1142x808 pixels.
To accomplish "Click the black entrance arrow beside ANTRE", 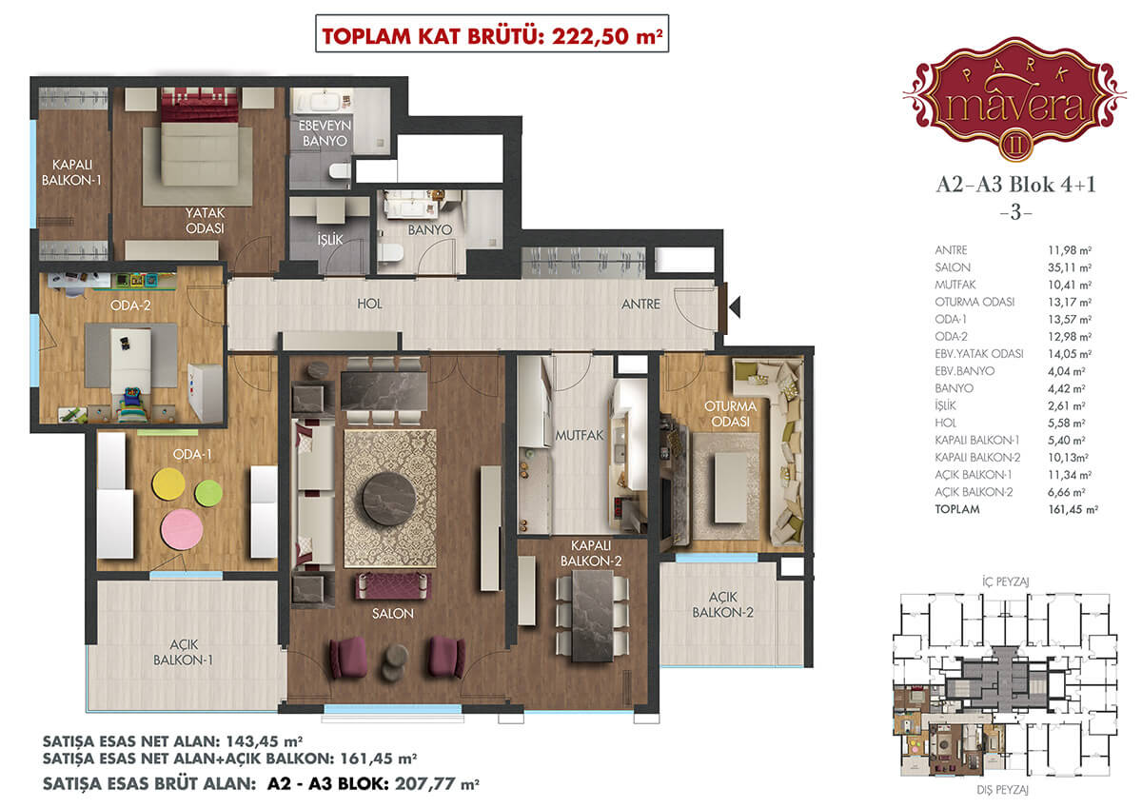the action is coord(735,307).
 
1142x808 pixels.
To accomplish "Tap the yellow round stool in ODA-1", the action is coord(168,484).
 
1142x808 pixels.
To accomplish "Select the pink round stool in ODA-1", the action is coord(182,530).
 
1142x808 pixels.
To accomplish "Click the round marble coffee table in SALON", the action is coord(388,499).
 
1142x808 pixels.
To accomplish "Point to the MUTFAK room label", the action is coord(580,435).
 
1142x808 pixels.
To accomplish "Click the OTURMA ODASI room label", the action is coord(730,414).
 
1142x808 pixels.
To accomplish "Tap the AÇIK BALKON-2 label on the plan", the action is coord(722,604).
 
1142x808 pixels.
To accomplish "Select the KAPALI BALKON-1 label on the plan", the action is coord(72,172).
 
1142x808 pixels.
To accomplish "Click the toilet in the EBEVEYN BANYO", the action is coord(340,170).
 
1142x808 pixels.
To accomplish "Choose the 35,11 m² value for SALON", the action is coord(1070,267).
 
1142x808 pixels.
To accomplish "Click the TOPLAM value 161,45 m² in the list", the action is coord(1073,509).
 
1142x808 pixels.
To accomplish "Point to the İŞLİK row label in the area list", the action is coord(945,405).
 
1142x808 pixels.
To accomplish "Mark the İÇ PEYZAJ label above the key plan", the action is coord(1005,581).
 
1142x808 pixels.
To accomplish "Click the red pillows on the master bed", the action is coord(200,105).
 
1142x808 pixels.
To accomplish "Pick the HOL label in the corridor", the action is coord(369,304).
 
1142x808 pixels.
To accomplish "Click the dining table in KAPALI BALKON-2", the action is coord(592,616).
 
